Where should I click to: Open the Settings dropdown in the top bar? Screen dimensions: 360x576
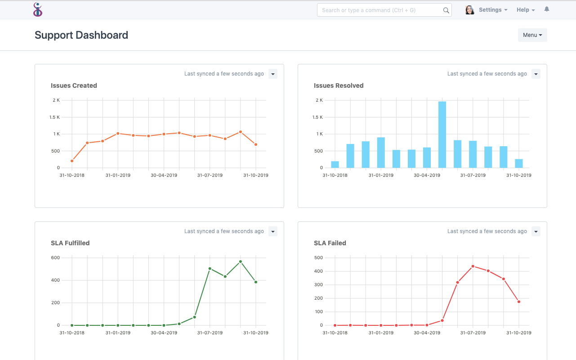493,10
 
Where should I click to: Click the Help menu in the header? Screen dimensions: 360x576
525,10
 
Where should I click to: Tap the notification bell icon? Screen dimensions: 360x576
547,9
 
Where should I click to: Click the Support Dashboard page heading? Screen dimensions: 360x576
81,35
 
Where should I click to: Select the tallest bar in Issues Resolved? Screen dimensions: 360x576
442,135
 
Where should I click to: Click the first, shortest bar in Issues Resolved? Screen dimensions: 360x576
335,164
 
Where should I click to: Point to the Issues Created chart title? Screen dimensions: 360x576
74,85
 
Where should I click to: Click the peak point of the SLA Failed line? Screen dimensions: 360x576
473,266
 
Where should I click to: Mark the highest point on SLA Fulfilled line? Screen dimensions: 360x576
241,261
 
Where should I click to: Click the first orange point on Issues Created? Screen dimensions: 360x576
72,161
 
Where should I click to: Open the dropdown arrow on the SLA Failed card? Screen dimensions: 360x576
536,231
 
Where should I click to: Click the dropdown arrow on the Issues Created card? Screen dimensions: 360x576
272,74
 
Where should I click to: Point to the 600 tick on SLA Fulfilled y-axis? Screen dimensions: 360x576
55,258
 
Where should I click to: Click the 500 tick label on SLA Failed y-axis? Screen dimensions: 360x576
318,258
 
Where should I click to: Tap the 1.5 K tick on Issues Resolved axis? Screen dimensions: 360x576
317,117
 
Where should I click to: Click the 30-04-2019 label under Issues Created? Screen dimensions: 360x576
164,175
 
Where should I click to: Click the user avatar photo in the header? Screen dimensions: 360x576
469,10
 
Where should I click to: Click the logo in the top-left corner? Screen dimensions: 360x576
38,9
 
